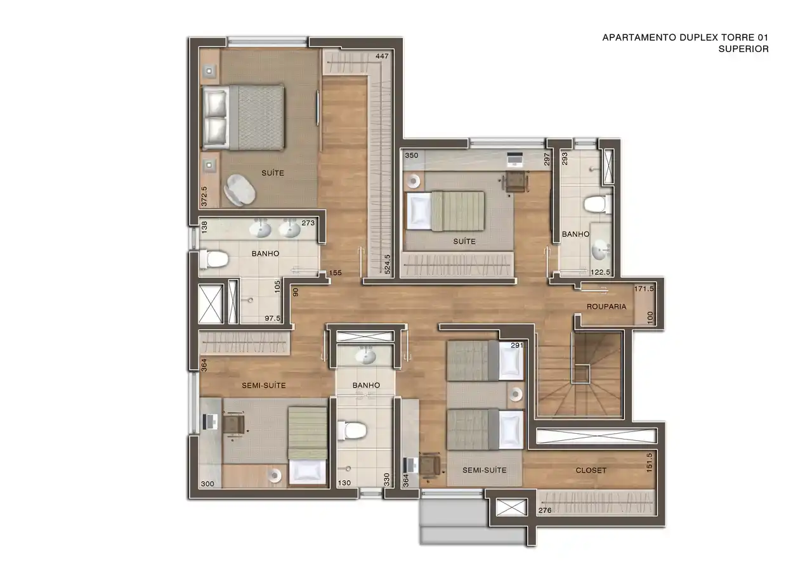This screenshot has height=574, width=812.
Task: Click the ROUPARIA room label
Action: [x=606, y=306]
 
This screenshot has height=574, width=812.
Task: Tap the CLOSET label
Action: [x=591, y=471]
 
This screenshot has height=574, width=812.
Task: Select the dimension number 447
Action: [x=382, y=56]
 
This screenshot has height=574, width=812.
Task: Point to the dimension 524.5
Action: [x=388, y=264]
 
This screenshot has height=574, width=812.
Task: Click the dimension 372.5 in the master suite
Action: [x=204, y=197]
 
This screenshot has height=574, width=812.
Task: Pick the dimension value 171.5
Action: [x=644, y=289]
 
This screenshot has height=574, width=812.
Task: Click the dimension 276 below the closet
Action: [x=545, y=511]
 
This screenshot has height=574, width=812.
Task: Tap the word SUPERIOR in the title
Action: [x=743, y=49]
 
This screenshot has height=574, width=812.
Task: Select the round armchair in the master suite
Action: [x=239, y=190]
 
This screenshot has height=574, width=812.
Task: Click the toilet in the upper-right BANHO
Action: [x=598, y=204]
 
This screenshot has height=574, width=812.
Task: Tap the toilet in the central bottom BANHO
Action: [x=351, y=431]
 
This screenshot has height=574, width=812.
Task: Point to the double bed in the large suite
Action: [x=243, y=117]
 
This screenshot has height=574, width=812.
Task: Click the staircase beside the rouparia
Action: [x=580, y=374]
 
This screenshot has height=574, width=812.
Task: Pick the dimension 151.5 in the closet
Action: [x=649, y=462]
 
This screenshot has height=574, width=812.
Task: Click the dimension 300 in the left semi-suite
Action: [x=207, y=484]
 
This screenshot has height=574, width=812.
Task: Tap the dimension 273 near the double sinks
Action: [x=308, y=223]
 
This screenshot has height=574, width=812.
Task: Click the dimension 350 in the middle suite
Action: [x=412, y=155]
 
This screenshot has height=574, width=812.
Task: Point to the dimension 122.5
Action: [x=600, y=272]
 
